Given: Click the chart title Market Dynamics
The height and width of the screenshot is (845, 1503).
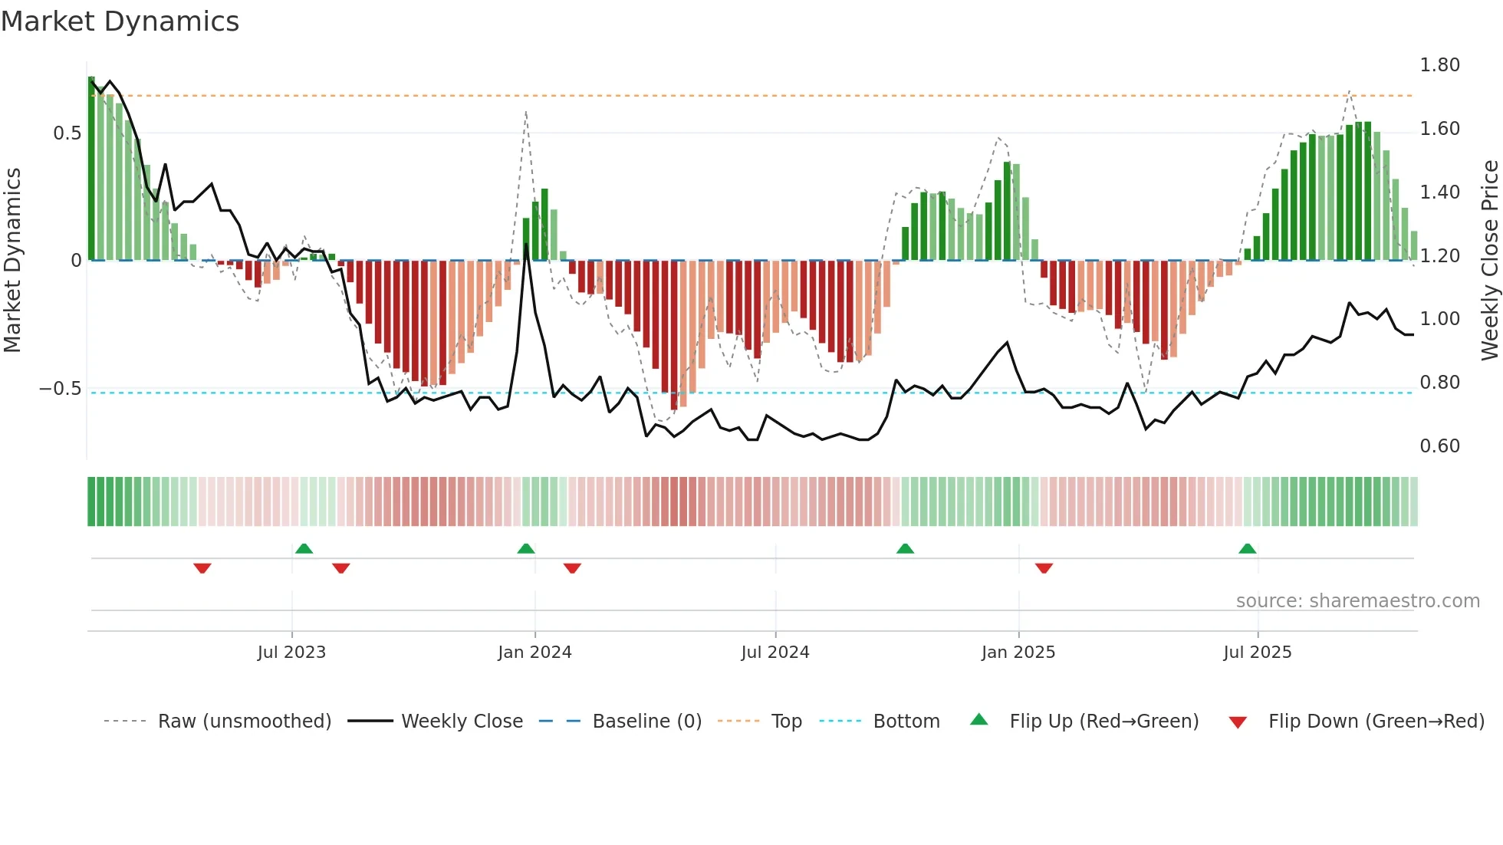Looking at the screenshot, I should pyautogui.click(x=120, y=21).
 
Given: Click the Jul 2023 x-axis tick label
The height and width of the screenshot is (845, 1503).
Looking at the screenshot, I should pyautogui.click(x=291, y=653).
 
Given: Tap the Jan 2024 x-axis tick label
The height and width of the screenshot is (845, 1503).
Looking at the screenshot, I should pyautogui.click(x=534, y=653).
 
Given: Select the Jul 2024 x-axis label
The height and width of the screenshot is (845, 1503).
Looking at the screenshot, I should pyautogui.click(x=775, y=653).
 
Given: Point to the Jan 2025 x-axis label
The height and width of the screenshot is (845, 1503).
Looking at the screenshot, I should pyautogui.click(x=1018, y=653).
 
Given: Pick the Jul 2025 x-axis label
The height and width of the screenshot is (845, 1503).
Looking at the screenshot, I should pyautogui.click(x=1258, y=653).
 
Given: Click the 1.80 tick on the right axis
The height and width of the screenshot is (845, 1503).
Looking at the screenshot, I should pyautogui.click(x=1439, y=65).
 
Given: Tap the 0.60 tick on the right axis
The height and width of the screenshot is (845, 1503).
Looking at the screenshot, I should pyautogui.click(x=1439, y=446).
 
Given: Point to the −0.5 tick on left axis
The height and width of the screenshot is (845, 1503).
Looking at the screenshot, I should pyautogui.click(x=60, y=389).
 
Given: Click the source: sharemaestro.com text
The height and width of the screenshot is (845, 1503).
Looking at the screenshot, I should pyautogui.click(x=1357, y=601).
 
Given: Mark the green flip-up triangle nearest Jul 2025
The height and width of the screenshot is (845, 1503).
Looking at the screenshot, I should pyautogui.click(x=1247, y=549).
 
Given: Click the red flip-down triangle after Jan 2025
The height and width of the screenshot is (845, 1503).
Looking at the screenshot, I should pyautogui.click(x=1044, y=568).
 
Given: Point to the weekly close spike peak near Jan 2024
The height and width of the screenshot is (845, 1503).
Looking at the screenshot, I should pyautogui.click(x=526, y=245).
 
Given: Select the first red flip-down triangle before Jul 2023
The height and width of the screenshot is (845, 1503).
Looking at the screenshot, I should pyautogui.click(x=202, y=568).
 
